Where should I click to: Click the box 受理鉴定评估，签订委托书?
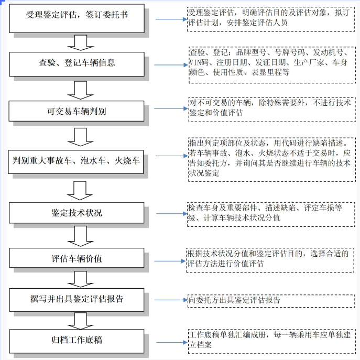(77, 18)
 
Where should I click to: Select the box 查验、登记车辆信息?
(77, 64)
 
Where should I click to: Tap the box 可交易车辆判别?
(77, 111)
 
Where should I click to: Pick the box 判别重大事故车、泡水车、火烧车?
(76, 161)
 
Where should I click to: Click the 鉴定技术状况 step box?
(77, 213)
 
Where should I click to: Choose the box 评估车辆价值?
(77, 258)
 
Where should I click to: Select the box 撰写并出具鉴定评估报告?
(77, 300)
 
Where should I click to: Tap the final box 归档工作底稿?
(77, 341)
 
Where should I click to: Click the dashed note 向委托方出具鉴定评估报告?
(271, 301)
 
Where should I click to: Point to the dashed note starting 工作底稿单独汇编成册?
(272, 341)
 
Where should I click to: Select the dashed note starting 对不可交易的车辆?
(272, 110)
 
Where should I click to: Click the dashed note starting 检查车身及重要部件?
(271, 214)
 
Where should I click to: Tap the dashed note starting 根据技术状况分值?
(270, 260)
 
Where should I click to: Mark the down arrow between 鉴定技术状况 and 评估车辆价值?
(80, 236)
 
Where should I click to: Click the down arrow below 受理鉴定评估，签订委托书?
(81, 42)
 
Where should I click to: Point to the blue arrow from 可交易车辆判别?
(171, 108)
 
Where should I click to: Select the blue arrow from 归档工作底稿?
(172, 343)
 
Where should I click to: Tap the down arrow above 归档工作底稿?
(80, 321)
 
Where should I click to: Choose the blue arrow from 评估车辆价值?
(170, 261)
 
